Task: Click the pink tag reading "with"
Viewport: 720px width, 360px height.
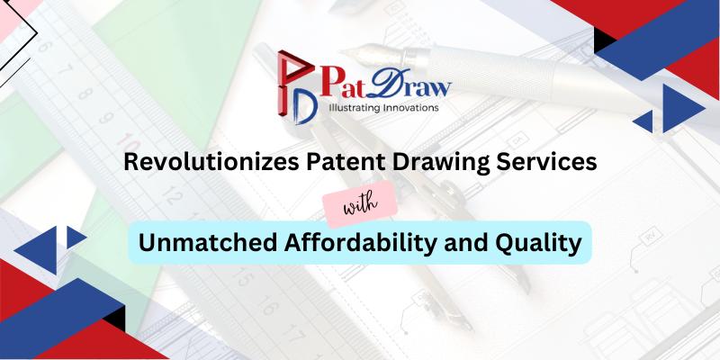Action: click(360, 204)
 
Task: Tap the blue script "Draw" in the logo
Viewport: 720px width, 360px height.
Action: click(411, 83)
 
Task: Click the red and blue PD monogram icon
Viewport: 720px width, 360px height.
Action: click(297, 87)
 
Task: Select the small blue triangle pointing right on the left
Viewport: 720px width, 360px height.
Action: click(74, 238)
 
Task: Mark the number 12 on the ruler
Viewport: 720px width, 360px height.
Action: click(172, 196)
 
